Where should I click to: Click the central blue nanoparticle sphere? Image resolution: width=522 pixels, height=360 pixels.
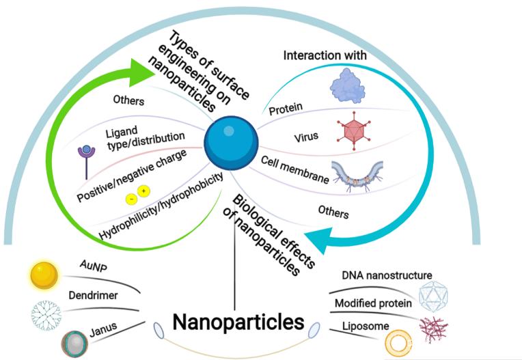231,143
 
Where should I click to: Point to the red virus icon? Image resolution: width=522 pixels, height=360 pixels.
353,130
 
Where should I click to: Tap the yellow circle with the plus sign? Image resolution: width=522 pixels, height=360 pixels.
143,191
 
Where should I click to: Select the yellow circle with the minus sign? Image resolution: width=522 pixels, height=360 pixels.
131,199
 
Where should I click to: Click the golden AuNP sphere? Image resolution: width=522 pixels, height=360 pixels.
44,275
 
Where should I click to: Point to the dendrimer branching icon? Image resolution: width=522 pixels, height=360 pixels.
46,316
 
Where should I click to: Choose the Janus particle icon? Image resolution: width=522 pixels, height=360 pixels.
75,344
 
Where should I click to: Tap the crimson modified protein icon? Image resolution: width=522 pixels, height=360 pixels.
433,330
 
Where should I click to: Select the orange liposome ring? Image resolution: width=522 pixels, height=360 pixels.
398,342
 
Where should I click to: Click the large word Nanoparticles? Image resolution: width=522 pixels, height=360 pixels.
238,322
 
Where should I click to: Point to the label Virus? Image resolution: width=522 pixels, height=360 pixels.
306,137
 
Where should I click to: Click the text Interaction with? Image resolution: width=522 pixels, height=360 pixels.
325,55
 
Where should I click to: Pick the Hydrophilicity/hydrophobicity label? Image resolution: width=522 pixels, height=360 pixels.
161,206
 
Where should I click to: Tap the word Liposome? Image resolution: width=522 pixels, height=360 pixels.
366,326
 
